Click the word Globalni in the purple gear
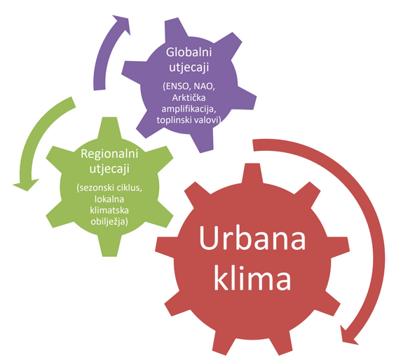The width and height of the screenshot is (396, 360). click(189, 52)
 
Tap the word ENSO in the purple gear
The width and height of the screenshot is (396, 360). click(177, 86)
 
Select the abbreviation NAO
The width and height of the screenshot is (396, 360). click(205, 86)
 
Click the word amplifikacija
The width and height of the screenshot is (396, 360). click(189, 109)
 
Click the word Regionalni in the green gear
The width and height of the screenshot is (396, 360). click(109, 154)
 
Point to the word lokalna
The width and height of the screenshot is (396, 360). click(109, 199)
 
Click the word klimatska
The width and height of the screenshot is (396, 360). click(109, 211)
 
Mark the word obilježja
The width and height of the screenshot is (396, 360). click(109, 222)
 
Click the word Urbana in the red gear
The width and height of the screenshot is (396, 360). click(252, 238)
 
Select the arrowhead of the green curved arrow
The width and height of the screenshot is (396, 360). click(26, 185)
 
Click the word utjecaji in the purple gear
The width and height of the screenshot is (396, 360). click(189, 68)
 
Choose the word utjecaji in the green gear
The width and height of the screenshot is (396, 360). click(109, 169)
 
